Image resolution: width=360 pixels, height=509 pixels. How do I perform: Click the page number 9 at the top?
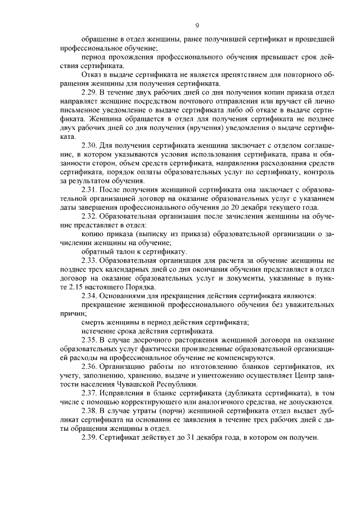coord(197,25)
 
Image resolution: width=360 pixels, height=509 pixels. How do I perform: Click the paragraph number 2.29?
coord(91,92)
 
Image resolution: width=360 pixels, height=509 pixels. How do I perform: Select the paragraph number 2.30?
coord(91,145)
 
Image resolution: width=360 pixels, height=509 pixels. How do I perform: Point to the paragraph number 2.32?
coord(91,216)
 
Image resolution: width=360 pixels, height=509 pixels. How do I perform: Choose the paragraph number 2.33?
coord(91,260)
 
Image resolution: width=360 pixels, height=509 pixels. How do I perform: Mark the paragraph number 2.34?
coord(91,296)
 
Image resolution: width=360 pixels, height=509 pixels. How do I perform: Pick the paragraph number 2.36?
coord(91,367)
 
